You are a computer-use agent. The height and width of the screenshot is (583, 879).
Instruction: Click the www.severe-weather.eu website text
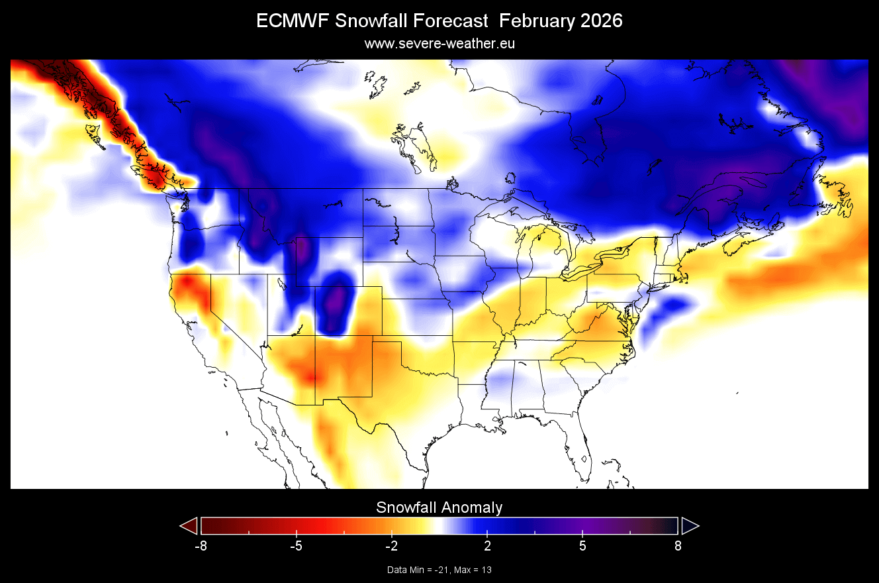439,44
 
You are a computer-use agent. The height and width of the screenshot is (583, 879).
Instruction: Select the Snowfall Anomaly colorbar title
439,507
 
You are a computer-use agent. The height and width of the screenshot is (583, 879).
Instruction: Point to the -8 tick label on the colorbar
201,546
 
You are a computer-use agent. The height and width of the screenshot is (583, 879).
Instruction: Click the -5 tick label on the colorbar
296,546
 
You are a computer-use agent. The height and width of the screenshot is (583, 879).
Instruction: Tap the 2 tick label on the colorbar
487,546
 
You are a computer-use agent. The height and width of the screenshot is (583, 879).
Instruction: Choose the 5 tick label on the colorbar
582,546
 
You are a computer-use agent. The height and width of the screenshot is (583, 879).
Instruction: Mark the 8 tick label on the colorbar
678,546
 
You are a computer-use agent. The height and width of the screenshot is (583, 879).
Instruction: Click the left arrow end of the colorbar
189,525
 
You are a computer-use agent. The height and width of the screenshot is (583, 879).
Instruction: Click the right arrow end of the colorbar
690,525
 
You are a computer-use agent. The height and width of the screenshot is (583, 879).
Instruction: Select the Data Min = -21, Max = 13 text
439,570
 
